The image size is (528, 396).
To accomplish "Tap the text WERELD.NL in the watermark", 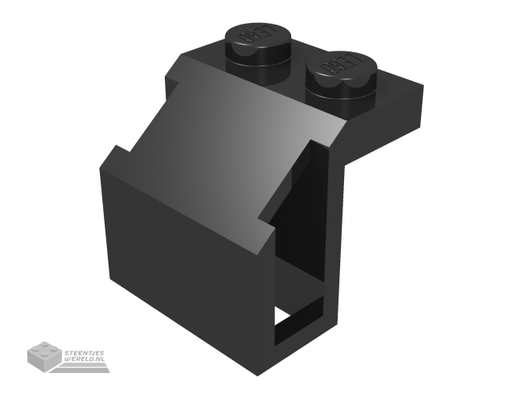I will [x=85, y=360].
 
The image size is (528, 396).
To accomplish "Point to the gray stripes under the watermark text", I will [x=85, y=367].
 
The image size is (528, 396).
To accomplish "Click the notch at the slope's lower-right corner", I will [x=266, y=230].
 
